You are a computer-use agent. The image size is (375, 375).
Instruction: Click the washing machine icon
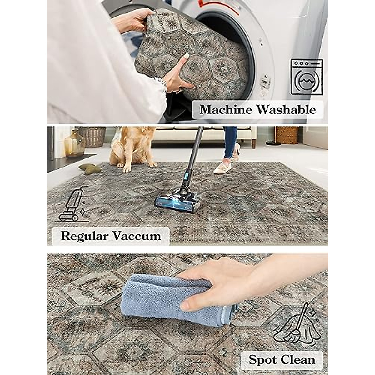pyautogui.click(x=307, y=77)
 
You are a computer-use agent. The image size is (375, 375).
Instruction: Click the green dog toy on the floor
pyautogui.click(x=91, y=168)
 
